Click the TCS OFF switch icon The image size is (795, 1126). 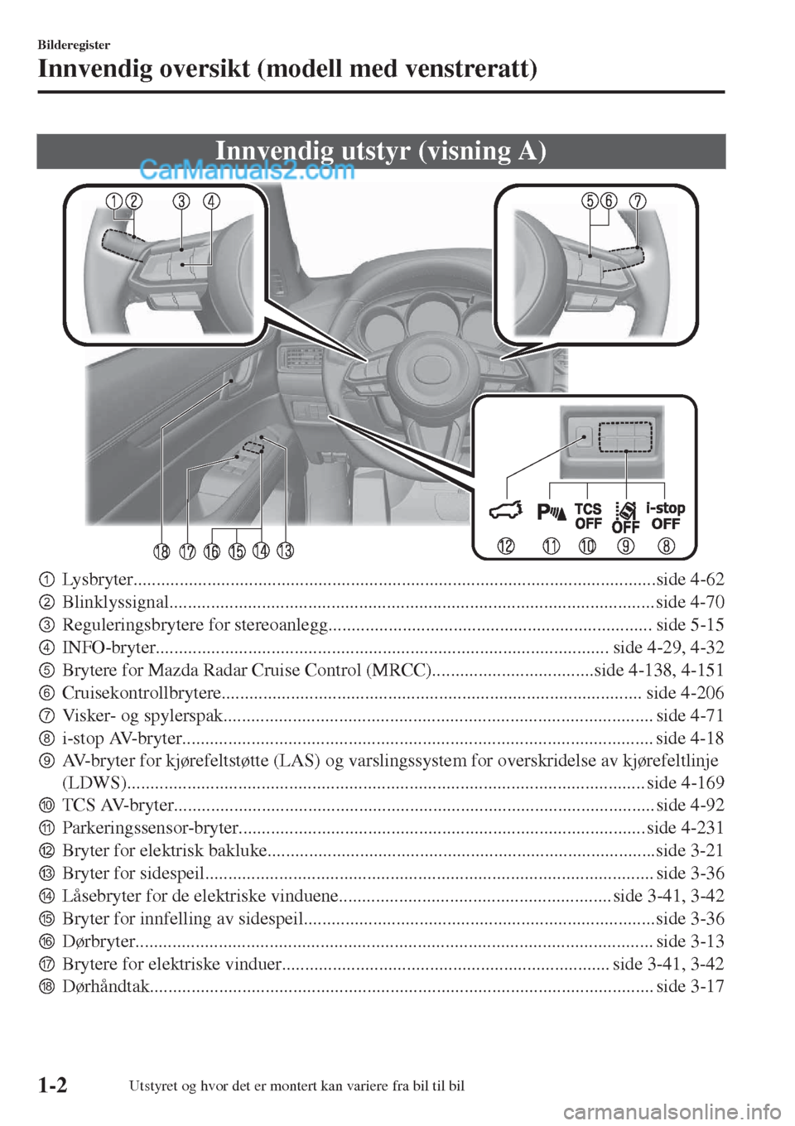[x=588, y=516]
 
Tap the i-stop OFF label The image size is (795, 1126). [x=665, y=516]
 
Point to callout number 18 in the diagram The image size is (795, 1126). [x=161, y=551]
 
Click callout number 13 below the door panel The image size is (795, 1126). [x=286, y=551]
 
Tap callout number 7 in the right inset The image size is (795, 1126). [x=638, y=201]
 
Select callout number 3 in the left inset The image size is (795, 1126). [x=182, y=201]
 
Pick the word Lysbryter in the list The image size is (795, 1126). [x=97, y=579]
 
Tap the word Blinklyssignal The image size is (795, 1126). [x=115, y=601]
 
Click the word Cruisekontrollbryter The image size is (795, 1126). [x=142, y=692]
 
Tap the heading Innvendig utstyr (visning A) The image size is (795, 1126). [x=380, y=152]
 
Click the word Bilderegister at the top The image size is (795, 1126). [x=75, y=45]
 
